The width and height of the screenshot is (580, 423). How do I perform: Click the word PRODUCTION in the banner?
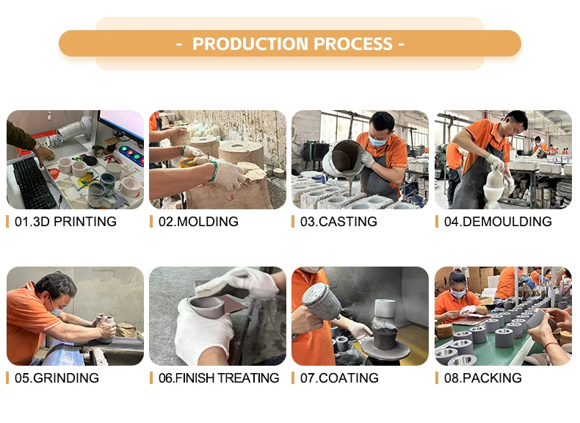250,43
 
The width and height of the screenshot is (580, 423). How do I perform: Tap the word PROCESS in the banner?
353,43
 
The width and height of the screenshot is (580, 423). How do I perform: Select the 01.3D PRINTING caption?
65,221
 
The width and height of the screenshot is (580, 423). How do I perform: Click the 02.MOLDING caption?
198,221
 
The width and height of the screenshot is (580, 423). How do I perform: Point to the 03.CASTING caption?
338,221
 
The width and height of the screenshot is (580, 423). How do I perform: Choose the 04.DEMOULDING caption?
498,221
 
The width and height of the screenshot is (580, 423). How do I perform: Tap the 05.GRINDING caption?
57,378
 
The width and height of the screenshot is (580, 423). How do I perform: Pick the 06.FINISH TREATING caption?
219,378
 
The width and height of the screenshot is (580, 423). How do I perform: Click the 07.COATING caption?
339,378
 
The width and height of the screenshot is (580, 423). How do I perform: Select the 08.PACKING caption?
482,378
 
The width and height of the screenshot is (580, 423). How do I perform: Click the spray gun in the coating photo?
321,302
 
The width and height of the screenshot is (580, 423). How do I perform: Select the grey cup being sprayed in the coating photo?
385,308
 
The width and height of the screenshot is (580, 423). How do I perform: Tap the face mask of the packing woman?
459,294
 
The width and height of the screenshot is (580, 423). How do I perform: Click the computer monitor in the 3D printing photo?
122,126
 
